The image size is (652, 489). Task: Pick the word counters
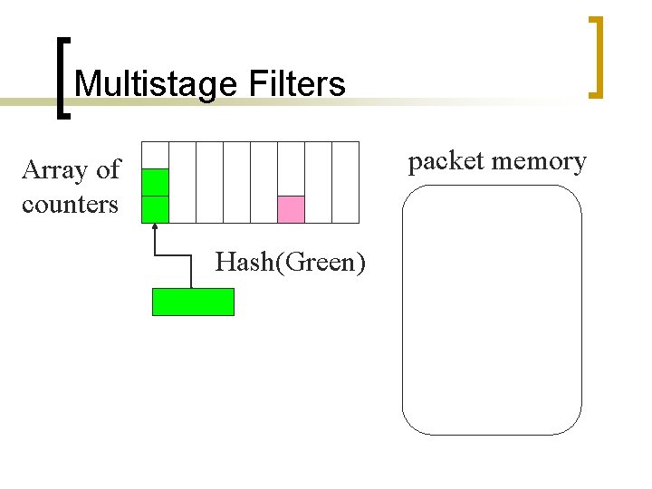[70, 205]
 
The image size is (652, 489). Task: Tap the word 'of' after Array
[108, 170]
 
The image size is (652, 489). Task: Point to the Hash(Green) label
[291, 263]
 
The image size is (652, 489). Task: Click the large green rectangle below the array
[193, 302]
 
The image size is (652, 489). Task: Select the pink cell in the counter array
[291, 209]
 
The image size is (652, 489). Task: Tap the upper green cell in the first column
[156, 182]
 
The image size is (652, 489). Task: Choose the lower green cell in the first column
[156, 209]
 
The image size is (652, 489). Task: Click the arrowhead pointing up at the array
[156, 226]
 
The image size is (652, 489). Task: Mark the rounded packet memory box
[492, 310]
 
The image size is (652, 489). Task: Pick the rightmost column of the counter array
[345, 182]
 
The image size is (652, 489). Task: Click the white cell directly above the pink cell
[291, 168]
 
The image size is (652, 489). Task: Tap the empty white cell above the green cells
[156, 155]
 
